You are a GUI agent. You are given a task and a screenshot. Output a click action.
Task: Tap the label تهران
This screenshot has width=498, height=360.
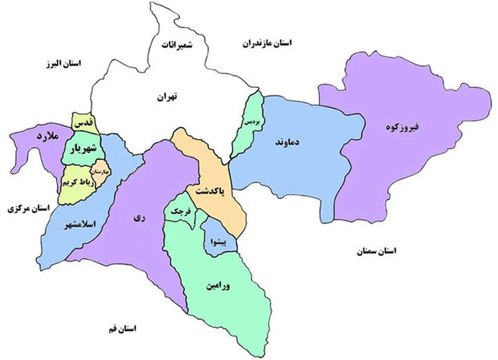point(166,98)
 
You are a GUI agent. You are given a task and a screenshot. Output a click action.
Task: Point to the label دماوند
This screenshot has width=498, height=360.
point(287,142)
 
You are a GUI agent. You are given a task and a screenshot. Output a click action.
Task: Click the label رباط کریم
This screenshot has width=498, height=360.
point(76,182)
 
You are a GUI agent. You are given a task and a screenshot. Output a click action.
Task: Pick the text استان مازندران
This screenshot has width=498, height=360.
point(267,43)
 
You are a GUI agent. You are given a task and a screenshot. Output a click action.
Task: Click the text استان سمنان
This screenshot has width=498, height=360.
point(376,251)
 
